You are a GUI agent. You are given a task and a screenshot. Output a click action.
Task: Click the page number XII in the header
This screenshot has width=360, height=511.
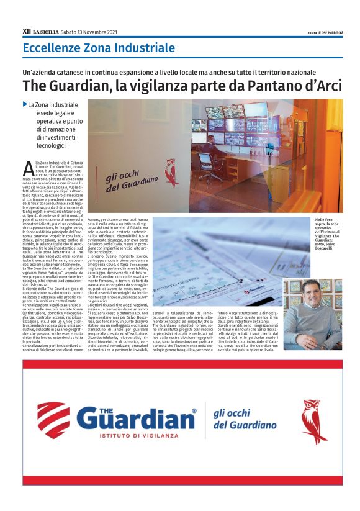click(x=27, y=30)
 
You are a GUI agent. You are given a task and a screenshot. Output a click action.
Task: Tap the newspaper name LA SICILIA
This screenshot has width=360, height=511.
click(x=46, y=31)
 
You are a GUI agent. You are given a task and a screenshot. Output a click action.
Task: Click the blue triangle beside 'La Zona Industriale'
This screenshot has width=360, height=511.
click(x=25, y=104)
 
